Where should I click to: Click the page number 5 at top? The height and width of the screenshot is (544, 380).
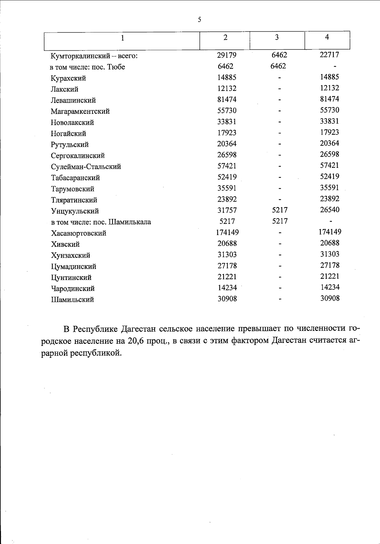pos(199,20)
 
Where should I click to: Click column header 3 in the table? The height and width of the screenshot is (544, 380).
pos(277,38)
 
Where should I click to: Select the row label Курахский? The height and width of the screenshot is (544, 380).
pos(68,78)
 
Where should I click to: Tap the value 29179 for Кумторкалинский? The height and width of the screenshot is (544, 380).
pos(227,55)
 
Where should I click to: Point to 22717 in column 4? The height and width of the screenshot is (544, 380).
pos(329,55)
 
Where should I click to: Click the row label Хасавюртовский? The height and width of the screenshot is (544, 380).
pos(79,233)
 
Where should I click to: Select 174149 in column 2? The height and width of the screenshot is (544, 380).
pos(227,232)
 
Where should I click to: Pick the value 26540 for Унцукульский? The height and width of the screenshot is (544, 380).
pos(329,210)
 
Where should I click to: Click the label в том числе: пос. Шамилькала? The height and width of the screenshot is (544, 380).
pos(101,222)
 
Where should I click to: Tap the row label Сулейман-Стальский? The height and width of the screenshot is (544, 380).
pos(86,167)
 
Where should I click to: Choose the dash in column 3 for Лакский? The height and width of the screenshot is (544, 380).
pos(280,89)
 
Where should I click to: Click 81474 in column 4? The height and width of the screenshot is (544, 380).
pos(329,99)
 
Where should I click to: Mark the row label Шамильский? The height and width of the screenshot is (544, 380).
pos(73,300)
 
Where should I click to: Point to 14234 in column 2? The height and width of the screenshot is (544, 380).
pos(227,288)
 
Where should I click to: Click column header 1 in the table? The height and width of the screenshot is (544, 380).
pos(123,38)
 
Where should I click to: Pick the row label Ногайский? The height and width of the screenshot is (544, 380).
pos(68,134)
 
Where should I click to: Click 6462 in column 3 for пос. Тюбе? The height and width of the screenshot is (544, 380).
pos(279,66)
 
